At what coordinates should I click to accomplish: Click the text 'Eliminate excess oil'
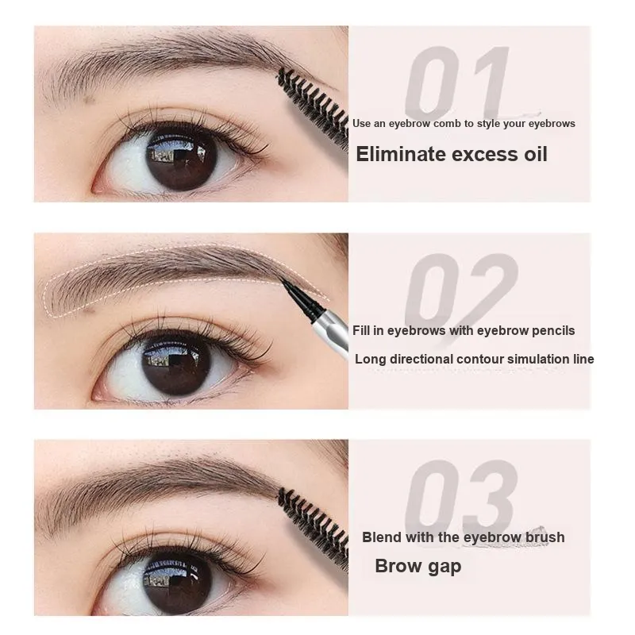pos(452,154)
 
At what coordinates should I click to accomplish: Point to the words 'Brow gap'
pos(418,566)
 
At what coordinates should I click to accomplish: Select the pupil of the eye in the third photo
pos(178,580)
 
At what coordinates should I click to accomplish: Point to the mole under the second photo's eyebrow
pos(89,309)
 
